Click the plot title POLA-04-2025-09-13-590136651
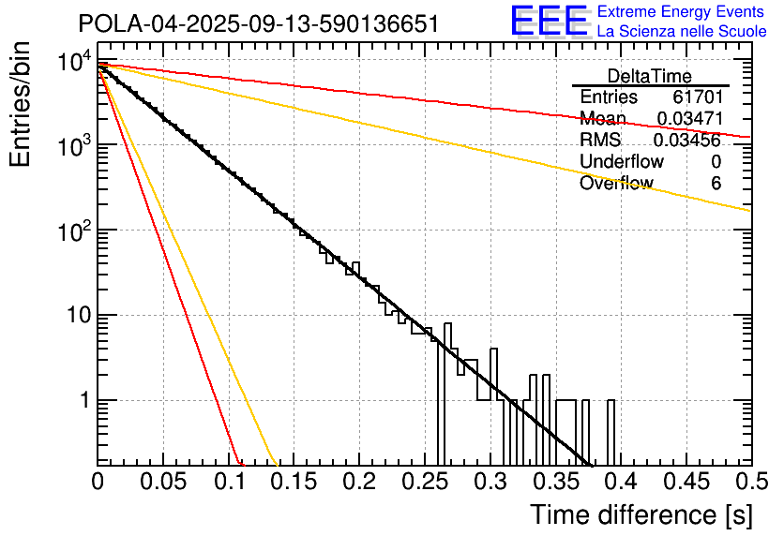[259, 24]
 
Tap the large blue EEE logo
[549, 22]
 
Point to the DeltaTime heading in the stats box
[650, 76]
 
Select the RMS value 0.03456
[687, 141]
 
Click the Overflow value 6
[716, 184]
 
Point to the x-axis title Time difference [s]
[641, 514]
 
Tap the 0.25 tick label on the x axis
[424, 481]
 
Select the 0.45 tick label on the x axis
[686, 481]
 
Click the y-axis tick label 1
[82, 401]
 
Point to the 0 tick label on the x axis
[98, 481]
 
